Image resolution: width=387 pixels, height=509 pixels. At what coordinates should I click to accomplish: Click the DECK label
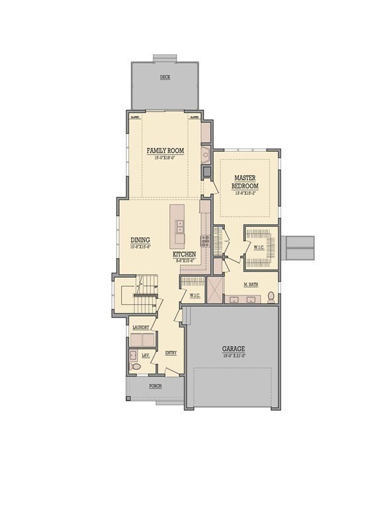(x=165, y=78)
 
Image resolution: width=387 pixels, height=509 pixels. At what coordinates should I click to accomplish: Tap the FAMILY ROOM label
(x=165, y=151)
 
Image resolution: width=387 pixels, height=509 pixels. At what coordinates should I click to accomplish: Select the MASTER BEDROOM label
(x=245, y=182)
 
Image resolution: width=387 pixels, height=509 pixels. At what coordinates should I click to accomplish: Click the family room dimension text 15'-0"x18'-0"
(x=165, y=158)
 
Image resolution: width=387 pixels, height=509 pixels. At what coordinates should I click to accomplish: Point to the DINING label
(x=140, y=240)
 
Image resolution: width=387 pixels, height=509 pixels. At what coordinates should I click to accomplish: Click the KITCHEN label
(x=184, y=254)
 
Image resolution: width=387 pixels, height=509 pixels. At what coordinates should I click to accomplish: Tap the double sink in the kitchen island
(x=179, y=227)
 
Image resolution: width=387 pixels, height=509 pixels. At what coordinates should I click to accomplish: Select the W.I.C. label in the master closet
(x=258, y=248)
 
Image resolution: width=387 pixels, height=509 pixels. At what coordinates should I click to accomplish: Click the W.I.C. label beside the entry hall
(x=194, y=295)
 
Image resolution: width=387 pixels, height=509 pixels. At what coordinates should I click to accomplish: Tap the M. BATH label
(x=250, y=285)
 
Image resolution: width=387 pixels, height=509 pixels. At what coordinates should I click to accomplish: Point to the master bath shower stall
(x=215, y=290)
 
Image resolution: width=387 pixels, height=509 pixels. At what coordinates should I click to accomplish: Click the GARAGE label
(x=234, y=349)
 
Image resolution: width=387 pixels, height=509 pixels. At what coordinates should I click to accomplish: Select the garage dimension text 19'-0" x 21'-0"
(x=234, y=356)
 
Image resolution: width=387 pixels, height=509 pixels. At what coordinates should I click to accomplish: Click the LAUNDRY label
(x=140, y=327)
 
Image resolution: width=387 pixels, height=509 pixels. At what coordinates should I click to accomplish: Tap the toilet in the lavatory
(x=136, y=366)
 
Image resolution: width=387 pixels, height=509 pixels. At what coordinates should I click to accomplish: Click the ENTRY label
(x=171, y=353)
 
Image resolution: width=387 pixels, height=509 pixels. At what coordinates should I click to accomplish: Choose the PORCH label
(x=155, y=386)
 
